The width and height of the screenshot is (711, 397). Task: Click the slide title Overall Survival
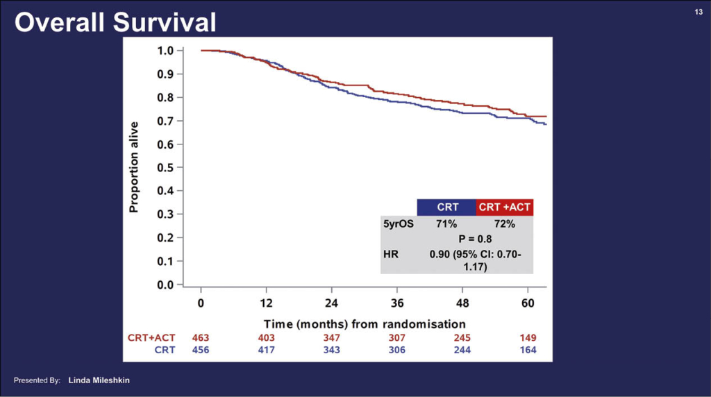[x=115, y=22]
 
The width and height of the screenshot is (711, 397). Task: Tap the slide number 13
[x=699, y=12]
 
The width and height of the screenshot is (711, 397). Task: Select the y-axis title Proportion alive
[x=134, y=167]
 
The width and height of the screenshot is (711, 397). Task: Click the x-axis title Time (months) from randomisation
[x=365, y=324]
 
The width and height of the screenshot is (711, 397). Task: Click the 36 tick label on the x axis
[x=397, y=303]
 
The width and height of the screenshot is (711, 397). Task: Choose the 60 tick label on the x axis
[x=528, y=303]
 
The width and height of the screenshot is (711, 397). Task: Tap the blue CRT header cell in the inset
[x=446, y=207]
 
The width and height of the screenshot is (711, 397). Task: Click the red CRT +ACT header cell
[x=505, y=207]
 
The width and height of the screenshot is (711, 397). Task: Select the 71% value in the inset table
[x=446, y=224]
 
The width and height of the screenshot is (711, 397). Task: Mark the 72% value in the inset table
[x=505, y=224]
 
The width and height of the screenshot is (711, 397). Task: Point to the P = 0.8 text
[x=474, y=239]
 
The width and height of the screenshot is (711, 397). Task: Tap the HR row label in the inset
[x=391, y=254]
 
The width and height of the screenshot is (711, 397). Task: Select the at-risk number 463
[x=201, y=338]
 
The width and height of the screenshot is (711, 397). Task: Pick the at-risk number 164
[x=528, y=350]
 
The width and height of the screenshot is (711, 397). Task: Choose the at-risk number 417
[x=266, y=350]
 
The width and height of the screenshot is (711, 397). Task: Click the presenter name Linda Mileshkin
[x=98, y=380]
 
